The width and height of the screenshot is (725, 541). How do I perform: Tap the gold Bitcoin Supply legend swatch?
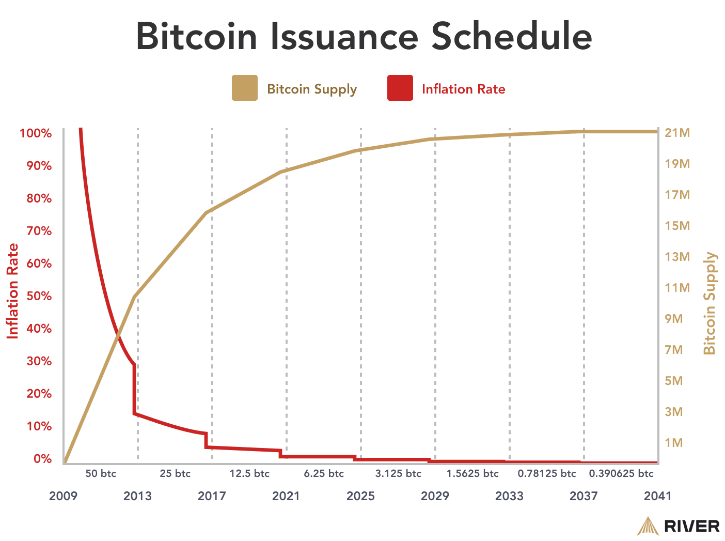tap(244, 88)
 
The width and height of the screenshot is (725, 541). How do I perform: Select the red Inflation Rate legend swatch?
tap(400, 88)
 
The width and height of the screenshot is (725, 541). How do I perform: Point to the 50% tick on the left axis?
tap(36, 296)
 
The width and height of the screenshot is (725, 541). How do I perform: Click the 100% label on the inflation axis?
tap(36, 133)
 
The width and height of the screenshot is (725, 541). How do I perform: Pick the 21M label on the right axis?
tap(677, 133)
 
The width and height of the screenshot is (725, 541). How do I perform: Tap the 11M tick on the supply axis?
tap(677, 288)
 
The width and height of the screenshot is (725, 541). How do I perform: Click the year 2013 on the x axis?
tap(137, 496)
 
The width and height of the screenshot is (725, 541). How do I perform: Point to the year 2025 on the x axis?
tap(360, 496)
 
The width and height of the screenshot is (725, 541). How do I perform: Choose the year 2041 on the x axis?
tap(657, 496)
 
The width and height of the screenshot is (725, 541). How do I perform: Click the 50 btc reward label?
tap(101, 474)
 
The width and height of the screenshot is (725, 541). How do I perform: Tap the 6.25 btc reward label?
tap(324, 474)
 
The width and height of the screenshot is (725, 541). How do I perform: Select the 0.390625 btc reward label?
tap(621, 474)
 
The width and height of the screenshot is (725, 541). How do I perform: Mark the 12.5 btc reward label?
tap(249, 474)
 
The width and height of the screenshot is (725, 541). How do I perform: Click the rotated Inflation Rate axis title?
tap(13, 291)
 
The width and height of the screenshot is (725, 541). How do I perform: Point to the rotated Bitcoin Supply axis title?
tap(711, 303)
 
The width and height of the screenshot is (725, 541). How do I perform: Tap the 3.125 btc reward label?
tap(398, 474)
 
